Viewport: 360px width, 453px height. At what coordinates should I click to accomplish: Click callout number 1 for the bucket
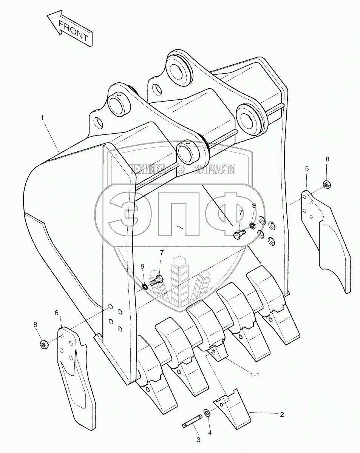[x=42, y=118]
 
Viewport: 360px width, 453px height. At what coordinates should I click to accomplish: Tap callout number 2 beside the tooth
[x=282, y=414]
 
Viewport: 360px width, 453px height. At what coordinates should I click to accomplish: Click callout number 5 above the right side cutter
[x=307, y=168]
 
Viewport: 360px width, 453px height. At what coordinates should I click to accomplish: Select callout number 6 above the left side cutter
[x=57, y=313]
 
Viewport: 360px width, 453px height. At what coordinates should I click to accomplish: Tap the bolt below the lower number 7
[x=156, y=280]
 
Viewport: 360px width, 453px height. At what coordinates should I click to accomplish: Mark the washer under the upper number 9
[x=252, y=226]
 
